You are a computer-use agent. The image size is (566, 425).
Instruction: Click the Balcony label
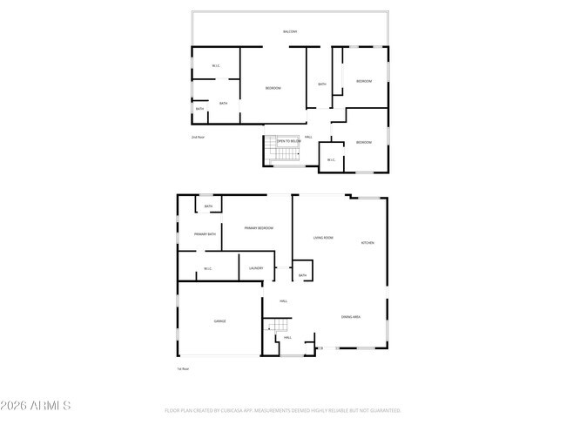click(x=290, y=32)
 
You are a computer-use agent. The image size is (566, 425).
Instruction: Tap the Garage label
click(x=220, y=321)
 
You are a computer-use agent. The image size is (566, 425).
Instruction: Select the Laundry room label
click(x=256, y=268)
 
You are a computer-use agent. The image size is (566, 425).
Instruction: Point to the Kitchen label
click(x=367, y=243)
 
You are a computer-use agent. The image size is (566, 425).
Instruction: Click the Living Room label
click(x=324, y=238)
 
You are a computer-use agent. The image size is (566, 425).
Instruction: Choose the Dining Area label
click(x=351, y=317)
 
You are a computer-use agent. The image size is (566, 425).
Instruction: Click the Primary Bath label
click(x=206, y=234)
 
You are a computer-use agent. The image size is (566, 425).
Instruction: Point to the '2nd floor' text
click(x=198, y=138)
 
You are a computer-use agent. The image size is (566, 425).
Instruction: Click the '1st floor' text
click(x=183, y=369)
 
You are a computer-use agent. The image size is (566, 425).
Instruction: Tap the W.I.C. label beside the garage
click(x=207, y=268)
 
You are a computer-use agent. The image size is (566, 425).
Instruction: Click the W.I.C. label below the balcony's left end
click(x=216, y=66)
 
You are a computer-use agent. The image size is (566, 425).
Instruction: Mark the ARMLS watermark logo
click(x=36, y=406)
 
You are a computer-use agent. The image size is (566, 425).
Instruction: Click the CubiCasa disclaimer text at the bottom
click(x=282, y=409)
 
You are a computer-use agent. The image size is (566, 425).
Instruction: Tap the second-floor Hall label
click(x=308, y=137)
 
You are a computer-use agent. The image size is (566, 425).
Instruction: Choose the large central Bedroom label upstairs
click(x=273, y=89)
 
